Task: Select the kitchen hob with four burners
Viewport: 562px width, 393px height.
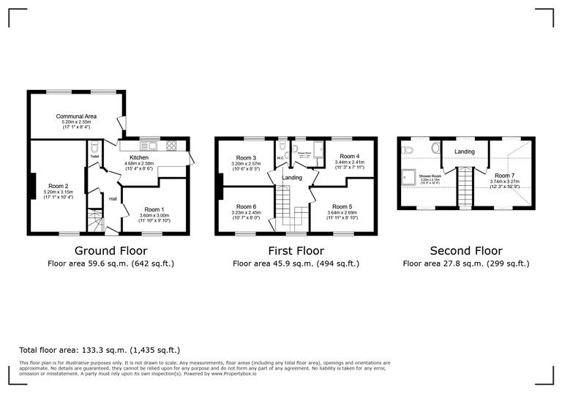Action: pos(173,144)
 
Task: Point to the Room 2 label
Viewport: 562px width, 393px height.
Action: pos(58,186)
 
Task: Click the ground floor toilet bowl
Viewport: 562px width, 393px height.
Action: pos(94,145)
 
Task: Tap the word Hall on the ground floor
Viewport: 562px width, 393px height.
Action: pos(113,198)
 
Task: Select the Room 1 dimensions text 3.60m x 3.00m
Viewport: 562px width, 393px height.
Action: pos(156,214)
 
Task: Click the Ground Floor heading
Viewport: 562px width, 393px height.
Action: pos(110,250)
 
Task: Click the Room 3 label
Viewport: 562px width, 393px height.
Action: pos(246,157)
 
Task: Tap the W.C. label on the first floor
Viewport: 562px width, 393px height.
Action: pos(280,157)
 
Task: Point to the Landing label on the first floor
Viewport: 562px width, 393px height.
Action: pos(293,177)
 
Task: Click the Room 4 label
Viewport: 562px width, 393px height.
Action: pos(349,156)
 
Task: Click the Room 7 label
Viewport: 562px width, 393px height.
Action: pos(503,176)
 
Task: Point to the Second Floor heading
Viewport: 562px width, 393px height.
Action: pos(465,250)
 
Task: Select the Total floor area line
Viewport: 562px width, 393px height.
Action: pos(99,351)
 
